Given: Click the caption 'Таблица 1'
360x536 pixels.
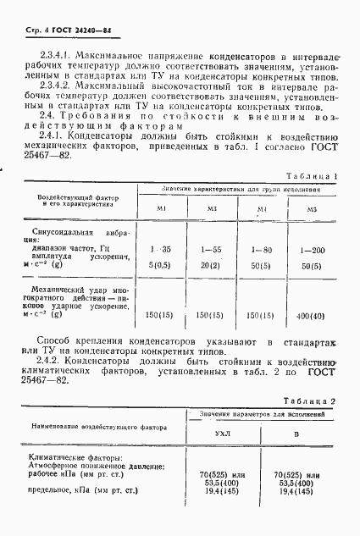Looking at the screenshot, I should [x=310, y=176].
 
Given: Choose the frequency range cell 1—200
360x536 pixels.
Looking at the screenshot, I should [x=312, y=250].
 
